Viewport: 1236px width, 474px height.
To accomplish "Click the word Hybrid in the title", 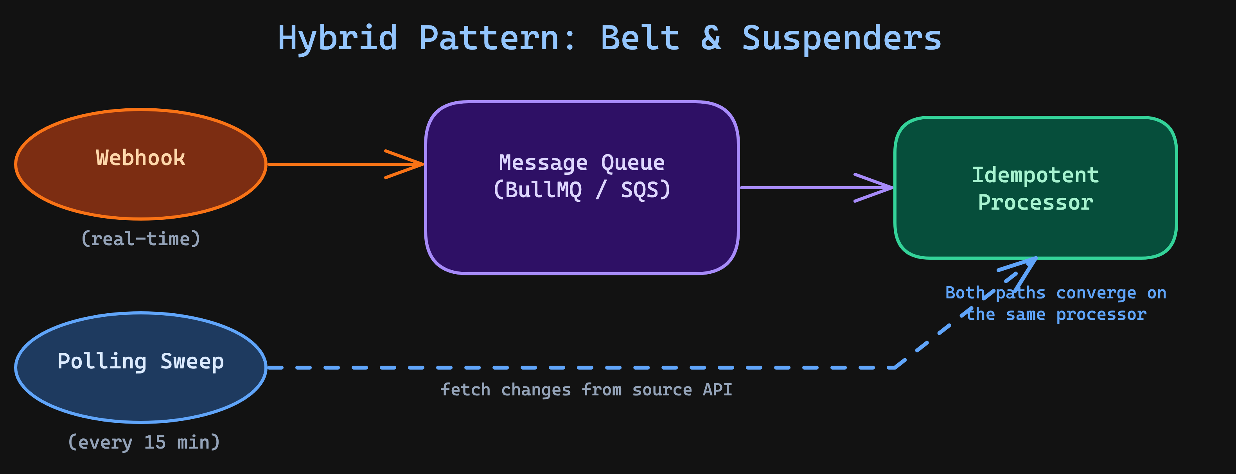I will coord(337,38).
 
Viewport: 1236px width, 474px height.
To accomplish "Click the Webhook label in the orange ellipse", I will coord(140,158).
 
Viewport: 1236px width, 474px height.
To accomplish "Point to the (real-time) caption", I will coord(140,239).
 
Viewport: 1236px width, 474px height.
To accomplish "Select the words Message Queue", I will coord(582,163).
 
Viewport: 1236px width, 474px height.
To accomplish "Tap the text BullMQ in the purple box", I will coord(543,190).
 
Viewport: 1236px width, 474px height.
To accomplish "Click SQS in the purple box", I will coord(640,190).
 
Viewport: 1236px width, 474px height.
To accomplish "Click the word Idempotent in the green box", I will coord(1035,175).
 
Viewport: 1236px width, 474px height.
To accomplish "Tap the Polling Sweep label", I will coord(140,361).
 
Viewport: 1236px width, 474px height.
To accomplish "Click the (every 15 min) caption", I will coord(144,442).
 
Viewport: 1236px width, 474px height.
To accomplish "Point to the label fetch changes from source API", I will coord(586,390).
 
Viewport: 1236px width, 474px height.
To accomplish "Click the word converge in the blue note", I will coord(1096,293).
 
